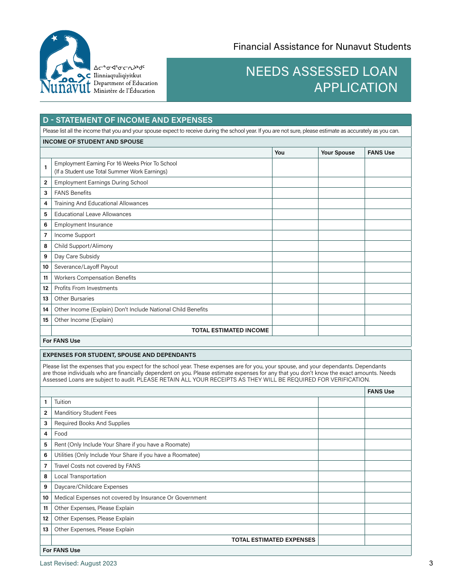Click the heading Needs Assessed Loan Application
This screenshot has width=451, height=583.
pyautogui.click(x=321, y=79)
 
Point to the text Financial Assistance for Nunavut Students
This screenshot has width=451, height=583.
pyautogui.click(x=322, y=46)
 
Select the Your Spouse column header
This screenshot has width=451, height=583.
pyautogui.click(x=338, y=153)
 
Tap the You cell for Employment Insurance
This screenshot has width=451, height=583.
pyautogui.click(x=295, y=225)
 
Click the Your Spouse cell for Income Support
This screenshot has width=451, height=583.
pyautogui.click(x=341, y=235)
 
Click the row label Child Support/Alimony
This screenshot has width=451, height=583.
pyautogui.click(x=84, y=246)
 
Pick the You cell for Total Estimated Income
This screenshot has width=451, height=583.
pyautogui.click(x=295, y=330)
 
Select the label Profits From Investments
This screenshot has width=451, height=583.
pyautogui.click(x=86, y=288)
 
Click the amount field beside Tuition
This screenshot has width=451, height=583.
pyautogui.click(x=341, y=402)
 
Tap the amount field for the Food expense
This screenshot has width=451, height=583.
pyautogui.click(x=341, y=434)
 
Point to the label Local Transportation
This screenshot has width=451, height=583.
pyautogui.click(x=80, y=476)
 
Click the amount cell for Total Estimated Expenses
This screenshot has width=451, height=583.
pyautogui.click(x=341, y=540)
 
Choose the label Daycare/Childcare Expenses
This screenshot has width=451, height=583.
pyautogui.click(x=91, y=487)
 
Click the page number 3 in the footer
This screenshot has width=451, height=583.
pyautogui.click(x=431, y=564)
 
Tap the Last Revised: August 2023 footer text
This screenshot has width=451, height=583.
pyautogui.click(x=78, y=564)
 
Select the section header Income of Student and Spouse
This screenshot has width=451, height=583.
pyautogui.click(x=93, y=142)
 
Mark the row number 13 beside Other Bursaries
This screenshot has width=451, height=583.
pyautogui.click(x=46, y=299)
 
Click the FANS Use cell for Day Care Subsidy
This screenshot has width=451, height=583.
pyautogui.click(x=387, y=256)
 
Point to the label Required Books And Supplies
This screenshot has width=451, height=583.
pyautogui.click(x=92, y=423)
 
